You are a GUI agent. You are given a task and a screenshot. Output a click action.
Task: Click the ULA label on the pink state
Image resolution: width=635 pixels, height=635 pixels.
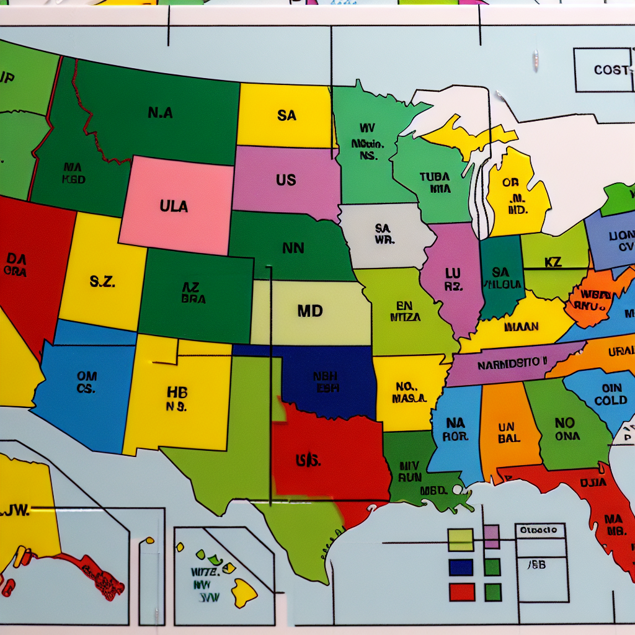pyautogui.click(x=174, y=206)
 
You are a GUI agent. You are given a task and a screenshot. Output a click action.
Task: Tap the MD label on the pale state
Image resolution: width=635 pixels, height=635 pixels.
pyautogui.click(x=310, y=311)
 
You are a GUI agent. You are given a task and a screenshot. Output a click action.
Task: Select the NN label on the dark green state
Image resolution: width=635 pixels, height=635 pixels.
pyautogui.click(x=293, y=248)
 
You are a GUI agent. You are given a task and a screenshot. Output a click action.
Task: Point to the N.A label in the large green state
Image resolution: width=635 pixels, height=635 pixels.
pyautogui.click(x=161, y=113)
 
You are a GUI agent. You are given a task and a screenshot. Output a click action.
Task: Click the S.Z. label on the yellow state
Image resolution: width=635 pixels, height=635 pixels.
pyautogui.click(x=102, y=282)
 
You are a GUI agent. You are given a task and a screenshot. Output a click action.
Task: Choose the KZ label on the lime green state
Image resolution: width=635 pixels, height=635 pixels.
pyautogui.click(x=553, y=262)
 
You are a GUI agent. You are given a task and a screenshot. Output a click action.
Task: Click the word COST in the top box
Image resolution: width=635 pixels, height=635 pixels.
pyautogui.click(x=611, y=70)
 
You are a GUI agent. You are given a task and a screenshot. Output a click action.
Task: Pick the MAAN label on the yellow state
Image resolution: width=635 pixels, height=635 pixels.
pyautogui.click(x=522, y=326)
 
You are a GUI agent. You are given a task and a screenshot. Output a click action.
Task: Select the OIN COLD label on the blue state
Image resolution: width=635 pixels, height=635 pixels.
pyautogui.click(x=610, y=394)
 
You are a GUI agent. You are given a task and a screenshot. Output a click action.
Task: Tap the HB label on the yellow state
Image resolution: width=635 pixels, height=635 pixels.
pyautogui.click(x=177, y=398)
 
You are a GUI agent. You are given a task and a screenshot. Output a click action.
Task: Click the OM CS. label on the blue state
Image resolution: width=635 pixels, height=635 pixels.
pyautogui.click(x=86, y=382)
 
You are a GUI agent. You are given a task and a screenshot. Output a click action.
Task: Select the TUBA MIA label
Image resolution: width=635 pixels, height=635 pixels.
pyautogui.click(x=434, y=182)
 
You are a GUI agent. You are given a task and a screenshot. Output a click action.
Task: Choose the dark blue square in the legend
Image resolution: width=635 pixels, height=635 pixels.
pyautogui.click(x=461, y=567)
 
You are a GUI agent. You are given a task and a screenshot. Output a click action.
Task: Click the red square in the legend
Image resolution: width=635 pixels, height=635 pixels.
pyautogui.click(x=461, y=592)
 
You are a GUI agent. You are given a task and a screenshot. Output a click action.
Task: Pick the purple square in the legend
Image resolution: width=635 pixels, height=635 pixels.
pyautogui.click(x=491, y=536)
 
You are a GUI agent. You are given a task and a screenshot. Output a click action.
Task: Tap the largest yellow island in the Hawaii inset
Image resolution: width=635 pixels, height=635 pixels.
pyautogui.click(x=244, y=592)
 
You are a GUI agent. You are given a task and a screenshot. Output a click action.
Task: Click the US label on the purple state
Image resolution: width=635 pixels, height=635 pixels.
pyautogui.click(x=286, y=180)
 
